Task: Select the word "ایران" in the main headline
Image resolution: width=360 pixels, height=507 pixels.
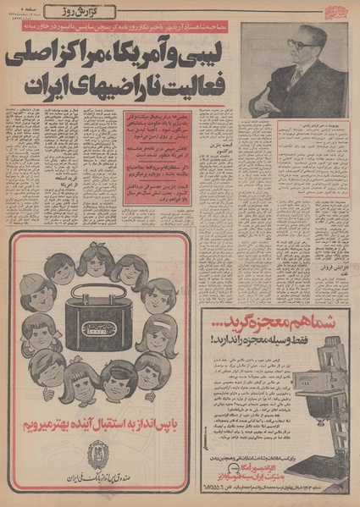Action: pos(43,87)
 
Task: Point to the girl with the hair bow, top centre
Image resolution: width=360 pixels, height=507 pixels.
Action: pos(96,261)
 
